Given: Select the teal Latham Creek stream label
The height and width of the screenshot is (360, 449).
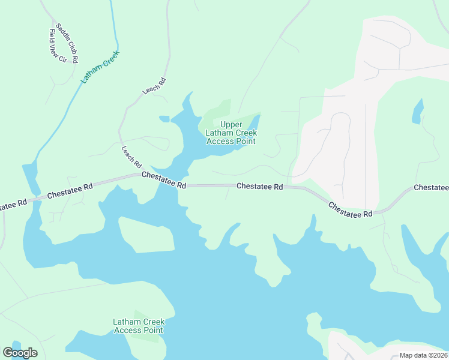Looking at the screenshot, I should point(100,66).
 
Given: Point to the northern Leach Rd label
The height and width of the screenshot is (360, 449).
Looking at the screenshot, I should point(154,86).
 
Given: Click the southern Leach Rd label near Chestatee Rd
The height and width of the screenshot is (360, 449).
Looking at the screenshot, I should point(131,157).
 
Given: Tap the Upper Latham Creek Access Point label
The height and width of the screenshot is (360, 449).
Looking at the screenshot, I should point(231,133).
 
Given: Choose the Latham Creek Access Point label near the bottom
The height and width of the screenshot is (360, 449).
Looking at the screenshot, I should point(138,326).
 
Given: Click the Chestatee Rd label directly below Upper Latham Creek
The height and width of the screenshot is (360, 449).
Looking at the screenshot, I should point(259,187).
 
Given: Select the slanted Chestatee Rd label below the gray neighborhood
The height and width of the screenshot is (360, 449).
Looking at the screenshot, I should point(351,209).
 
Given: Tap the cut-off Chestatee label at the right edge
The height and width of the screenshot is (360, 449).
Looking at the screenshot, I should point(431,188).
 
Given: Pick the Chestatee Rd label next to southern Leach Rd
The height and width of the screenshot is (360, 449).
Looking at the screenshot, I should point(164,179).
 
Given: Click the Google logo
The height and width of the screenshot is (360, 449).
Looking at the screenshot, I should point(20,353).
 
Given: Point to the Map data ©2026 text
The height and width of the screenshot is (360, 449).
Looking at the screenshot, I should point(423,355).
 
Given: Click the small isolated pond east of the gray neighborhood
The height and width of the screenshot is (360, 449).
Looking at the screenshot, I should point(418,111).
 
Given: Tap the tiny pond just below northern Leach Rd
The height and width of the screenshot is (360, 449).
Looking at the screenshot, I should point(164,118).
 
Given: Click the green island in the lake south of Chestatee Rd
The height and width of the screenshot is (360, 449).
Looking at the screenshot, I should point(146,235).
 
